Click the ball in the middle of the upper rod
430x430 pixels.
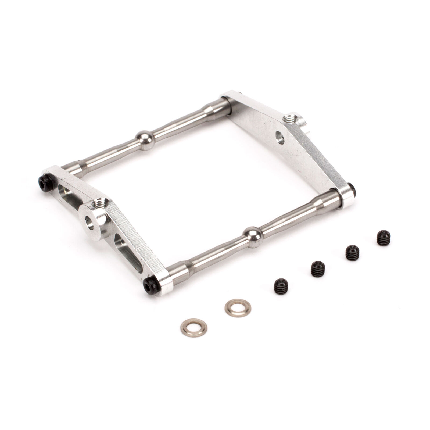click(145, 140)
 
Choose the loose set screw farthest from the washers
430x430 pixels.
click(384, 238)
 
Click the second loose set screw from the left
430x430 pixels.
click(318, 269)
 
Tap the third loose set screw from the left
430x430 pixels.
click(352, 253)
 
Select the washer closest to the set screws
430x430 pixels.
click(238, 308)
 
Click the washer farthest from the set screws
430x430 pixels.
click(193, 328)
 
